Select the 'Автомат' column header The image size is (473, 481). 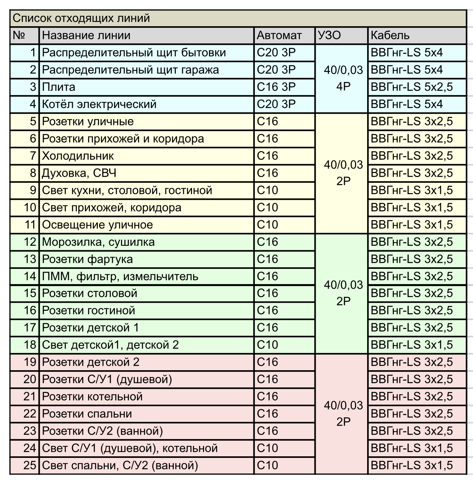(x=279, y=36)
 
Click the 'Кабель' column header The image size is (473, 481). (x=390, y=36)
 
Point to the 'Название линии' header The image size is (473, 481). (x=86, y=36)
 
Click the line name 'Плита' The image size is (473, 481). (x=59, y=87)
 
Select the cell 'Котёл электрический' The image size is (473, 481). (x=99, y=104)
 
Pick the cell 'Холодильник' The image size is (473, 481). (x=78, y=156)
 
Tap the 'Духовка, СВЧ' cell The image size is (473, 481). (x=79, y=173)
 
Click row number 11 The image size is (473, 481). (x=30, y=225)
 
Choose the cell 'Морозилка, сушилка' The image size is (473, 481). (x=98, y=242)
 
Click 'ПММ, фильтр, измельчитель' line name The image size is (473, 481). (x=120, y=276)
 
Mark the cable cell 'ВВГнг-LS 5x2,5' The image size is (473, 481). (x=412, y=87)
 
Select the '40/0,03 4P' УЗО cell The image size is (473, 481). (x=343, y=78)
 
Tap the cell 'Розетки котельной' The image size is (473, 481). (x=92, y=397)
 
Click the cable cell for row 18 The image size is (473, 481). (x=412, y=345)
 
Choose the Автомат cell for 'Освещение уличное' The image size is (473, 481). (x=268, y=225)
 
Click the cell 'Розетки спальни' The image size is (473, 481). (x=87, y=414)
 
